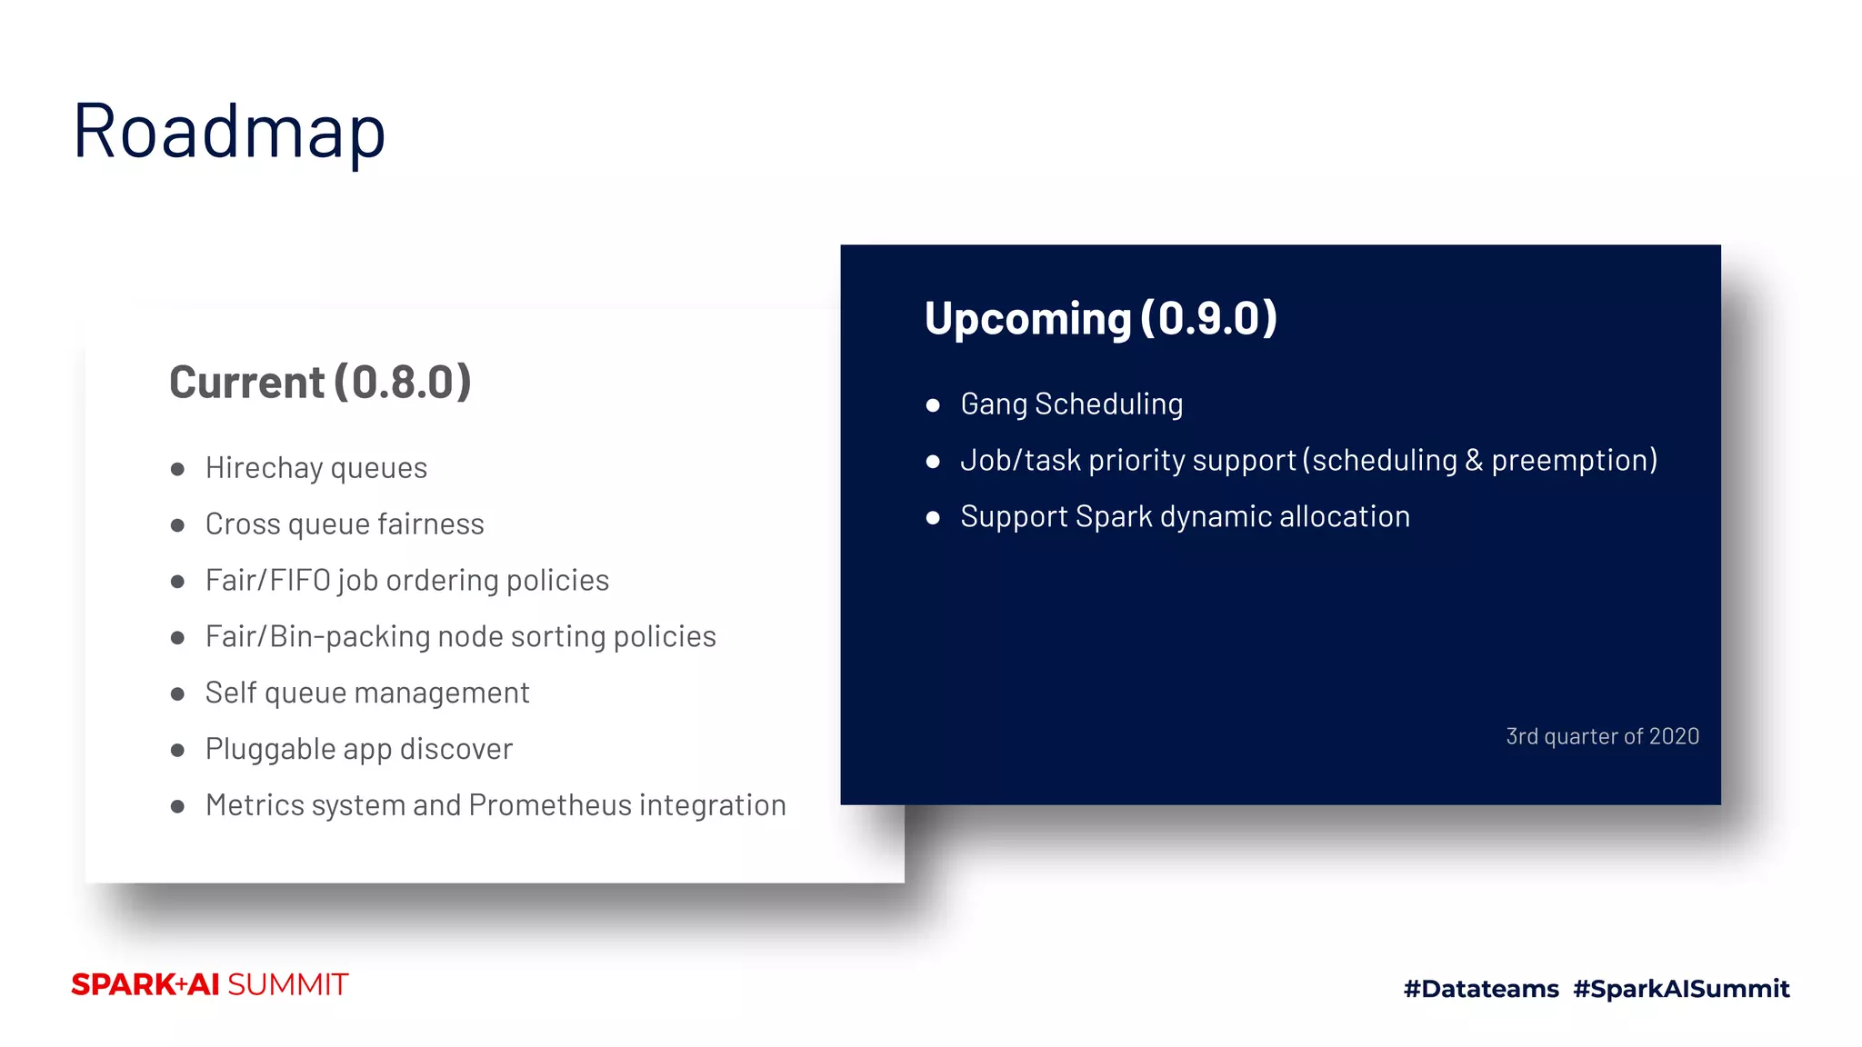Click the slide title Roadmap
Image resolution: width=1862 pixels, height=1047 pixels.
[x=229, y=132]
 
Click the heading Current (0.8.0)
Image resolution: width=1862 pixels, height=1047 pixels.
[x=320, y=383]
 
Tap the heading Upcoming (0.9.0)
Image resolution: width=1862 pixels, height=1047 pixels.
[x=1100, y=319]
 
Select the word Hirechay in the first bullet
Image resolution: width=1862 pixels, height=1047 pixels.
[x=264, y=468]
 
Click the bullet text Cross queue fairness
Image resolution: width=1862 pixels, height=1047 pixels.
[x=345, y=524]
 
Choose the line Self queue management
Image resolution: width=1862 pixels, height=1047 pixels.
[x=367, y=693]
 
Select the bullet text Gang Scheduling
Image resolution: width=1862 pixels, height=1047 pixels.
[x=1071, y=404]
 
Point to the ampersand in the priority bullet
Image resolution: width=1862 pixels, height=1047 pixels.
[x=1473, y=461]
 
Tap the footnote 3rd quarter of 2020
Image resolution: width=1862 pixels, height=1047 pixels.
[x=1602, y=736]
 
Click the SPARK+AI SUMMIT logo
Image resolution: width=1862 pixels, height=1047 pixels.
[x=210, y=985]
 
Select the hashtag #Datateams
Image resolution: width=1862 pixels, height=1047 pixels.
[x=1481, y=989]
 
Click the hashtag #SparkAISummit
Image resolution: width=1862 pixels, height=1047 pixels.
[x=1681, y=989]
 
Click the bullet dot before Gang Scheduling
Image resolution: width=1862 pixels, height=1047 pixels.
[x=933, y=405]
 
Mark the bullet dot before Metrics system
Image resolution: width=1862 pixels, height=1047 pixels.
[x=177, y=806]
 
